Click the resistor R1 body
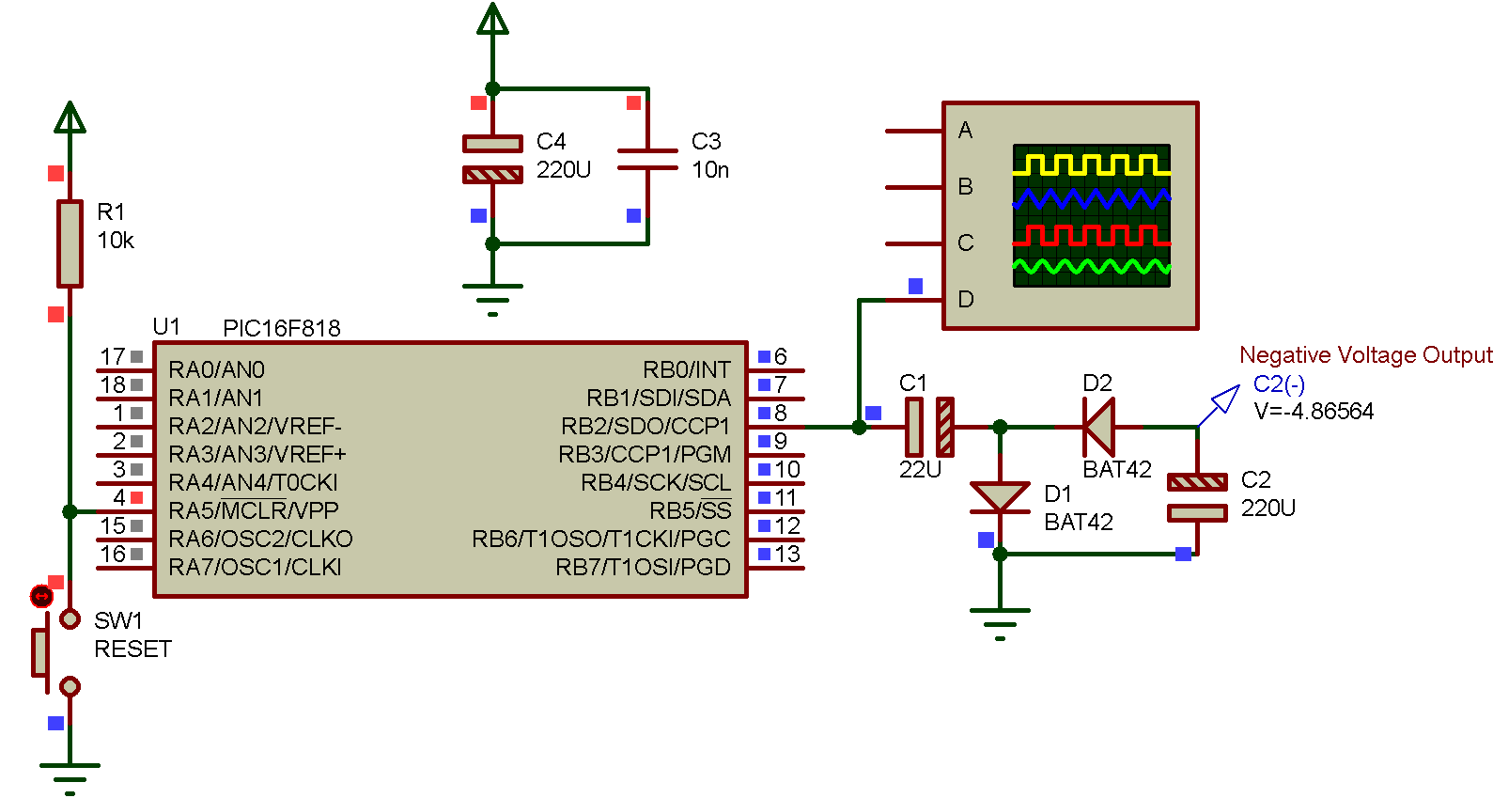[70, 243]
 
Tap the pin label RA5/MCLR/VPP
[253, 511]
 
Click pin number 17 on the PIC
[113, 357]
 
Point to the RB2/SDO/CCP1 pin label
[645, 427]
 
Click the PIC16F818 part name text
[281, 328]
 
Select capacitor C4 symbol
[492, 159]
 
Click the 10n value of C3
[710, 170]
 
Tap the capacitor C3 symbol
[647, 159]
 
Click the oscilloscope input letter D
[965, 300]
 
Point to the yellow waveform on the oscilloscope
[1091, 165]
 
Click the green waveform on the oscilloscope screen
[1091, 268]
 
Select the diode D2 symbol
[1098, 427]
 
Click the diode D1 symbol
[1000, 497]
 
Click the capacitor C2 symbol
[1196, 497]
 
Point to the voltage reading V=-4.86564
[1314, 412]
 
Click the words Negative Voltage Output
[1365, 355]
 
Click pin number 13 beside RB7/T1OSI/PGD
[787, 555]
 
